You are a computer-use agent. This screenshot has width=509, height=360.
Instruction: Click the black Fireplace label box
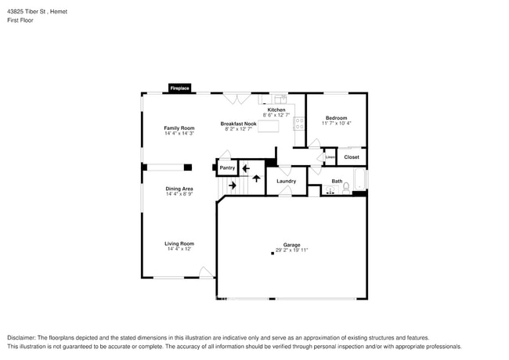tap(179, 88)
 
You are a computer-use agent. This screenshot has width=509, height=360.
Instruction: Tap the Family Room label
tap(179, 128)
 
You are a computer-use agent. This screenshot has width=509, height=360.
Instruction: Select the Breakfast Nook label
tap(238, 124)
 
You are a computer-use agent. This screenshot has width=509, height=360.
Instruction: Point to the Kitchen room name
tap(276, 110)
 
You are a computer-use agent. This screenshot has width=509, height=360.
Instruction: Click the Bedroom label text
tap(337, 118)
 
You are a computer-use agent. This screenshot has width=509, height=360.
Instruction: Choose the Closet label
tap(352, 157)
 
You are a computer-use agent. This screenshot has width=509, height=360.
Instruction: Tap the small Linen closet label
tap(330, 157)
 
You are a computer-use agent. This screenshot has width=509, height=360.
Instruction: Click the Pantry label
tap(227, 167)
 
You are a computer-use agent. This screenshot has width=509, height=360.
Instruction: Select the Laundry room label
tap(286, 182)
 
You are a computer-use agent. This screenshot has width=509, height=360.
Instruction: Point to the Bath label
tap(337, 182)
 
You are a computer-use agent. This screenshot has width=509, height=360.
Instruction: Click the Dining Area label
tap(179, 189)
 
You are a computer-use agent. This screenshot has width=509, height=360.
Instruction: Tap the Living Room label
tap(179, 243)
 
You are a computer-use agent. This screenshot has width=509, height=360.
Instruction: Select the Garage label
tap(291, 245)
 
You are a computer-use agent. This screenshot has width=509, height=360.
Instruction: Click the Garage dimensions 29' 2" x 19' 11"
tap(291, 250)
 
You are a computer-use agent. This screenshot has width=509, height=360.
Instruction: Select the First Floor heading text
tap(21, 20)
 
